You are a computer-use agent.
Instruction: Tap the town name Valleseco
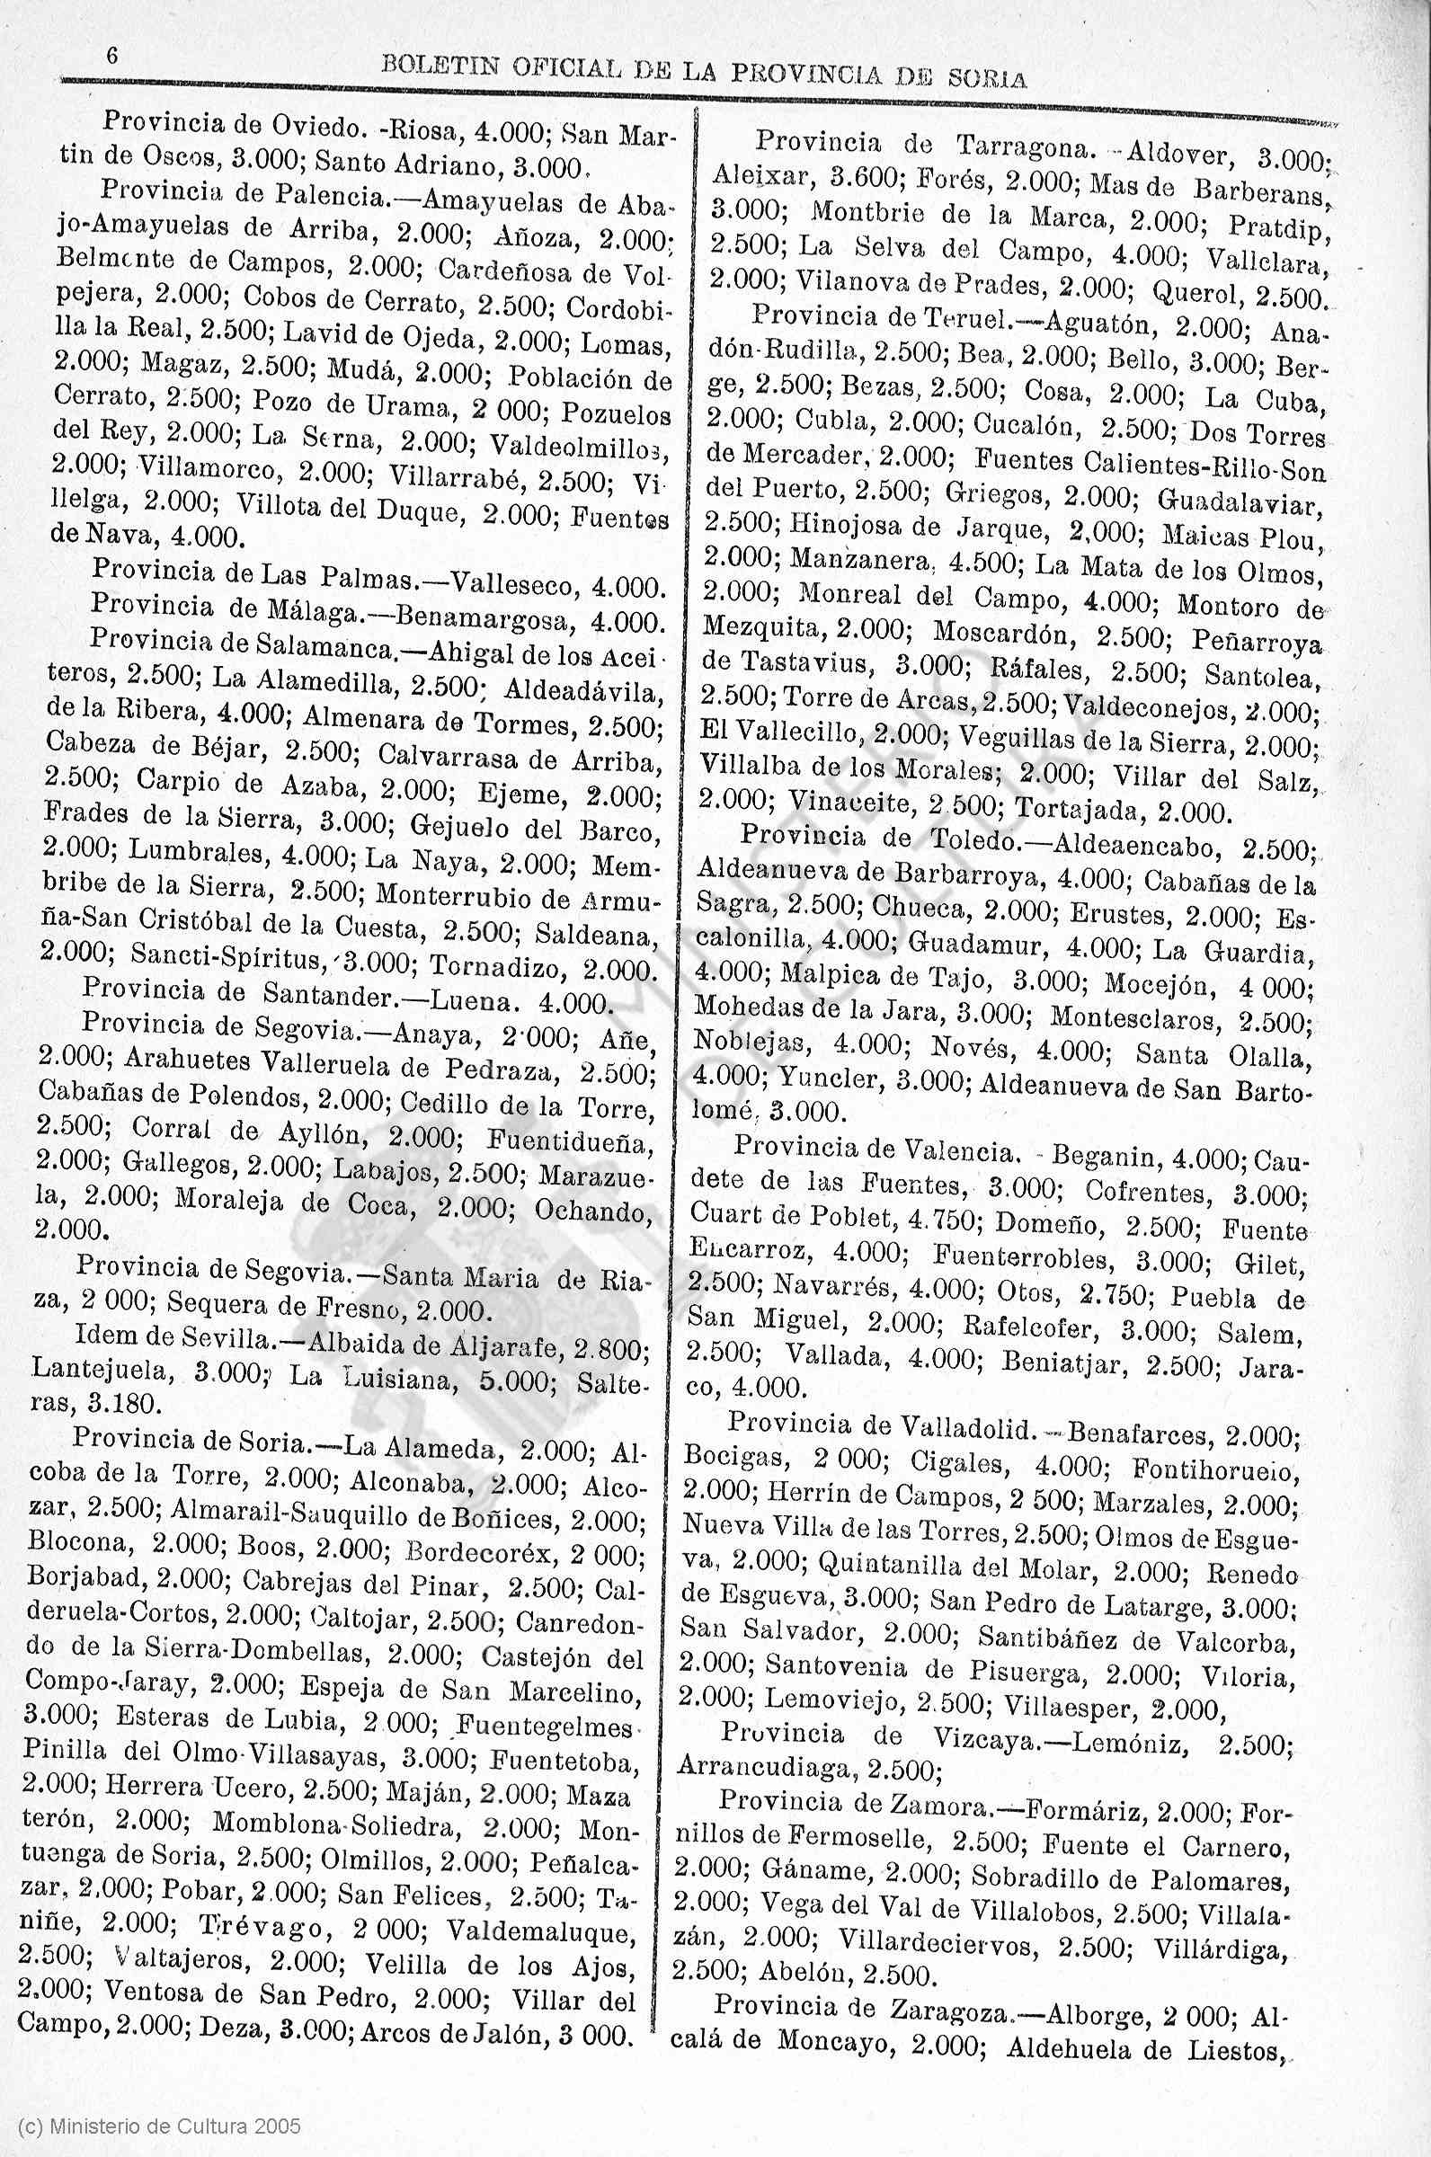tap(512, 583)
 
